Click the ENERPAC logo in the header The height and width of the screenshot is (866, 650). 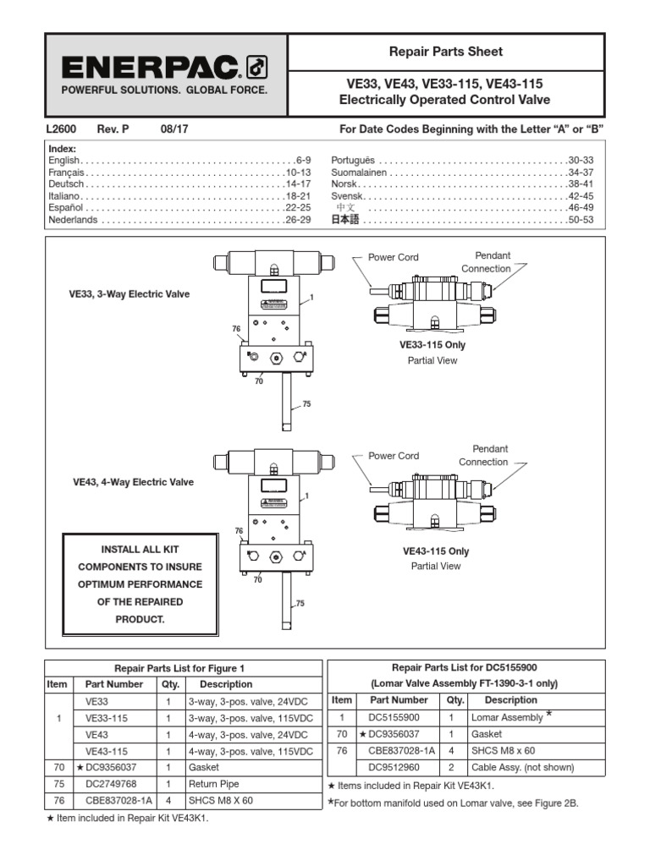coord(164,67)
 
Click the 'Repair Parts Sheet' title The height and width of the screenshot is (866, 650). coord(445,52)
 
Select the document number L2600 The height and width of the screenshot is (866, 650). coord(61,129)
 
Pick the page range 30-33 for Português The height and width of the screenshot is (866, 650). coord(581,160)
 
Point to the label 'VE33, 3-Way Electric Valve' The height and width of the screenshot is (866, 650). coord(129,294)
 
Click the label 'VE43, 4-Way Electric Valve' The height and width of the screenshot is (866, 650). coord(133,482)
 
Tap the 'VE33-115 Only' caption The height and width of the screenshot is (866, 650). coord(432,345)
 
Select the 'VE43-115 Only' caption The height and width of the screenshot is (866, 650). coord(435,551)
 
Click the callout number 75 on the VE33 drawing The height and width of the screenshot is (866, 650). coord(306,404)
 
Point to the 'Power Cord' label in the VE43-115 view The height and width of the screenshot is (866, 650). coord(394,456)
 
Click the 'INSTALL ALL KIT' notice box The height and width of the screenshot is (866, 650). coord(140,584)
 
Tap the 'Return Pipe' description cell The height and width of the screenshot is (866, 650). coord(217,783)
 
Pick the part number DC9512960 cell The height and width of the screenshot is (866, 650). coord(399,767)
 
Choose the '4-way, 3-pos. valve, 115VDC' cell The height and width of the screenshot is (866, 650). coord(251,751)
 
